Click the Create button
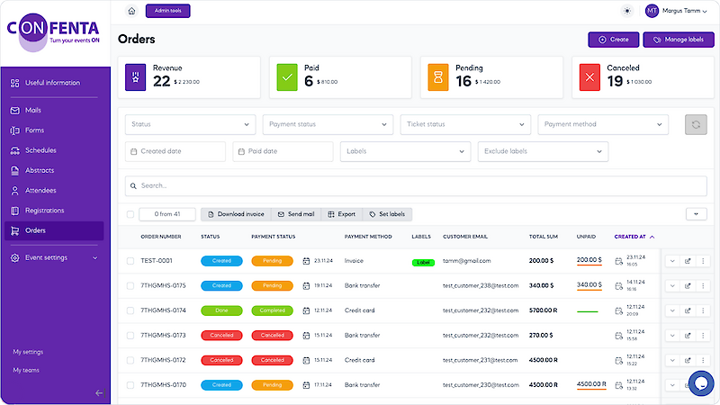point(613,40)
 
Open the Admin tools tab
point(167,11)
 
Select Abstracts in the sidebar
point(40,170)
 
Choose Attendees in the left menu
point(40,190)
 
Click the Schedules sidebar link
point(40,150)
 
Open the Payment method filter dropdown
point(603,124)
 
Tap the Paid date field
point(283,151)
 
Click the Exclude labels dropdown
point(543,151)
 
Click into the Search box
point(414,185)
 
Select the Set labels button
point(387,214)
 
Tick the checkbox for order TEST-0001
point(130,261)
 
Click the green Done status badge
point(221,310)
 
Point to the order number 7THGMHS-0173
point(163,335)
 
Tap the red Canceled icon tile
point(589,76)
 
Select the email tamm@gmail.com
point(467,261)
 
